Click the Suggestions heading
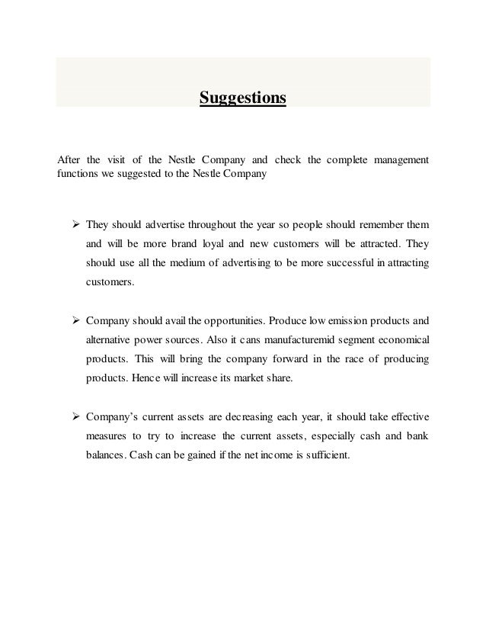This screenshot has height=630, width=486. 242,98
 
